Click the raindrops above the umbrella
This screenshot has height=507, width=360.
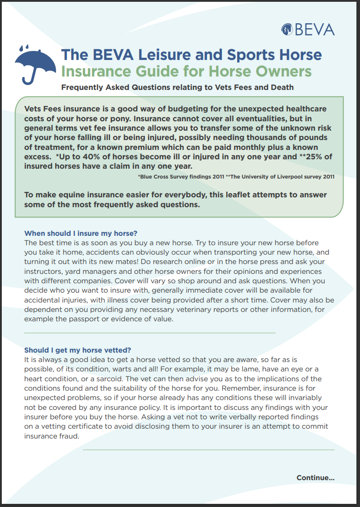click(26, 47)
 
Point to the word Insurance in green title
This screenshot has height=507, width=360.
click(94, 71)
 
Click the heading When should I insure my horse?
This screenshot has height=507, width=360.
click(80, 233)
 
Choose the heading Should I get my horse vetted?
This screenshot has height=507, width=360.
click(77, 349)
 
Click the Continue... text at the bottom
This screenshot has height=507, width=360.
click(315, 477)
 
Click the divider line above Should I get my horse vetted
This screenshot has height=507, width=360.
click(150, 333)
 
